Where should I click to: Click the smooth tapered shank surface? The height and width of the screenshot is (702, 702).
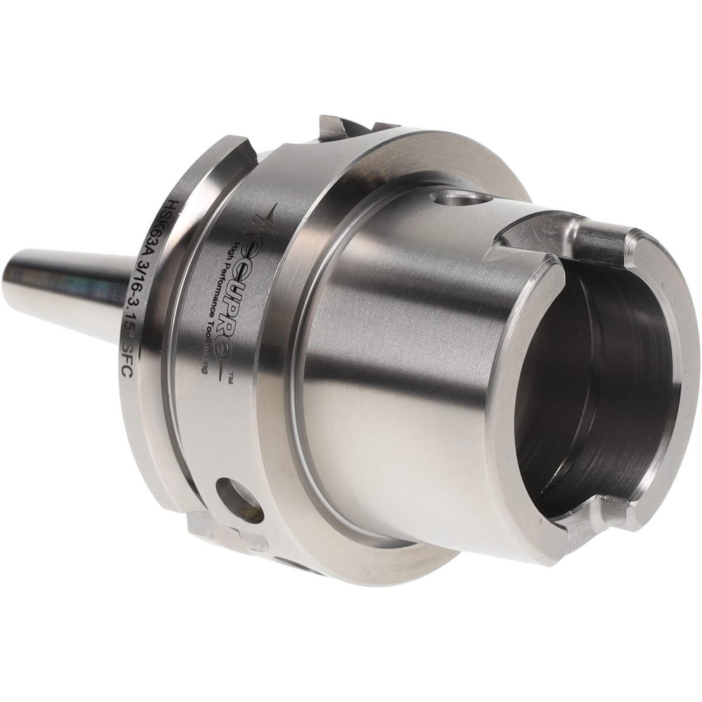393,365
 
